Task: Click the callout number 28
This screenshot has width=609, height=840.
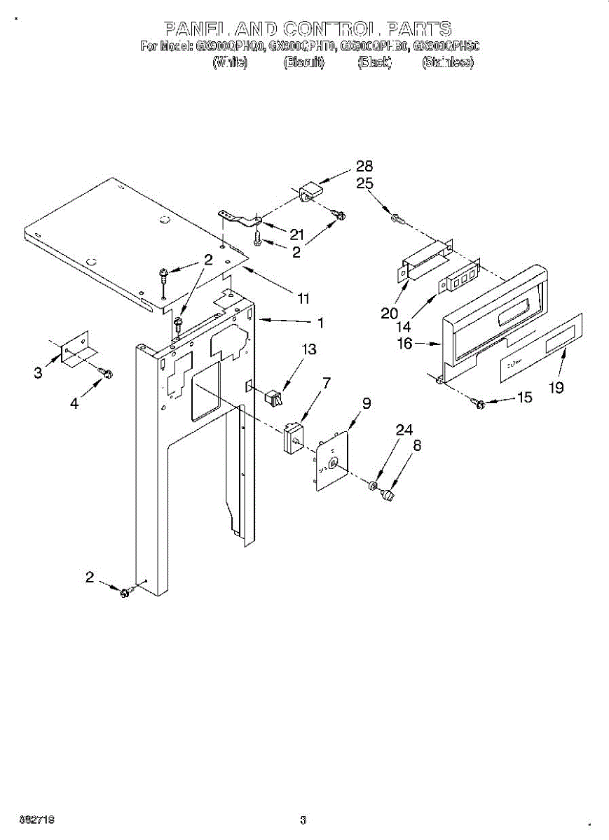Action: coord(364,167)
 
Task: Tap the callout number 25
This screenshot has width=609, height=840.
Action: coord(364,183)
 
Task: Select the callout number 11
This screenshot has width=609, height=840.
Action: coord(303,299)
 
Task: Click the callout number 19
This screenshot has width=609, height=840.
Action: coord(556,388)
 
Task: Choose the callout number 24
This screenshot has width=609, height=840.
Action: coord(404,431)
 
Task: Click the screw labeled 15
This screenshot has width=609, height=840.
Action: coord(480,403)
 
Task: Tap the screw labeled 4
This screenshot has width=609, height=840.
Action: coord(107,372)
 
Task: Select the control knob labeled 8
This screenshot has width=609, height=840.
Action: coord(387,496)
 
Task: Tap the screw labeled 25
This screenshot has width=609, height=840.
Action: coord(398,218)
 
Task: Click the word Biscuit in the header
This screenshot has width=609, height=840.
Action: coord(303,63)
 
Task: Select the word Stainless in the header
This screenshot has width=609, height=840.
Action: coord(447,63)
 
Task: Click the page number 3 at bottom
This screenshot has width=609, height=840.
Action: coord(303,820)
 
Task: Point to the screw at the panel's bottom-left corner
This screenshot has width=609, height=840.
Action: coord(125,593)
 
